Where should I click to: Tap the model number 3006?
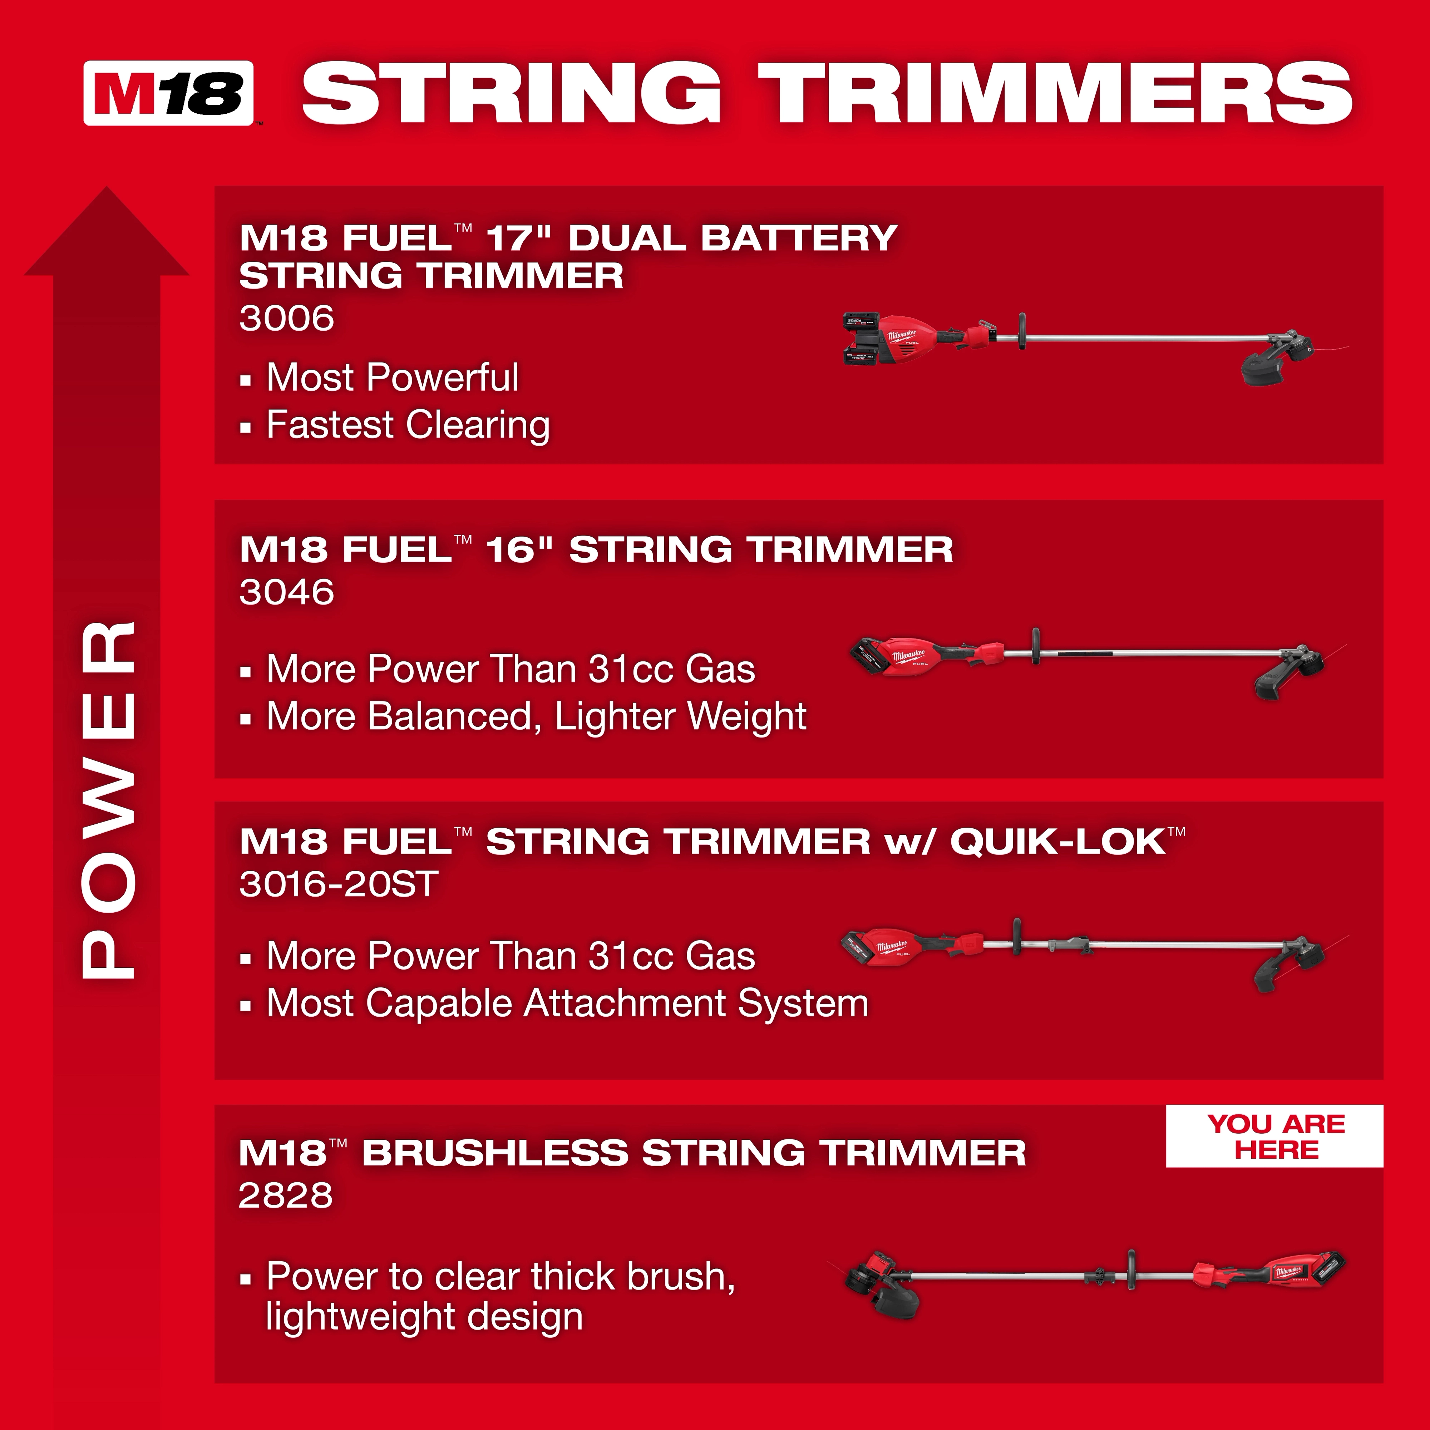tap(286, 318)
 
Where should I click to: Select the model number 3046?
tap(286, 592)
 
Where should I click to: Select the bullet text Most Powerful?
tap(392, 378)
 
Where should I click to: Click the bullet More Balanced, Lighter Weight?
tap(536, 716)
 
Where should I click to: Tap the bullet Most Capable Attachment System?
tap(567, 1004)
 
